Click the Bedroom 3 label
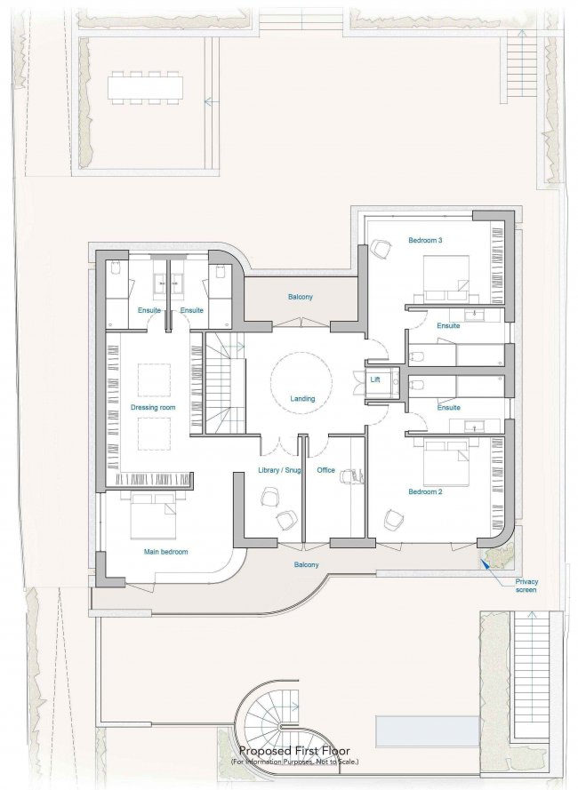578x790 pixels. click(425, 240)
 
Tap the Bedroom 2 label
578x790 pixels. click(425, 491)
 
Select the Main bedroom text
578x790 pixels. click(166, 552)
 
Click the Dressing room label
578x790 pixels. click(153, 407)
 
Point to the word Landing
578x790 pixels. click(302, 398)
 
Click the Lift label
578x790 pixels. click(375, 379)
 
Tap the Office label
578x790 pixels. click(325, 470)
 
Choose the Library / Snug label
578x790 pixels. click(279, 470)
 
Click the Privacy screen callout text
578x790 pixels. click(526, 586)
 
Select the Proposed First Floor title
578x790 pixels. click(294, 751)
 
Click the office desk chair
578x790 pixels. click(351, 475)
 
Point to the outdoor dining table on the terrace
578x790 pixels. click(145, 88)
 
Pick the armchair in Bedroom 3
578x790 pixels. click(381, 249)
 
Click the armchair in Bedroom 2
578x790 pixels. click(394, 520)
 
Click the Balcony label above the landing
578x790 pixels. click(300, 297)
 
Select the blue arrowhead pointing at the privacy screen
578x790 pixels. click(485, 563)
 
